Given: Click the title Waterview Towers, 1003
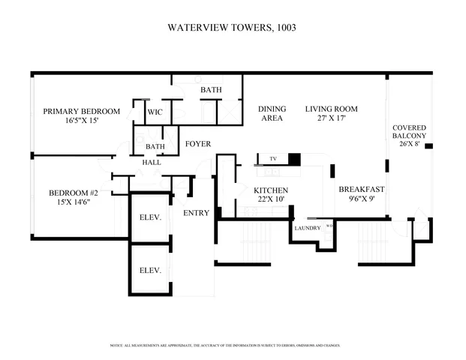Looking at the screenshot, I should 233,27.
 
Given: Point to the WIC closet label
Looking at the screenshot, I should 155,112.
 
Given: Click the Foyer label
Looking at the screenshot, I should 198,144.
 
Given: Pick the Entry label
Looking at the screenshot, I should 197,213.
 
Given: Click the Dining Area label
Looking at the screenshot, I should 272,113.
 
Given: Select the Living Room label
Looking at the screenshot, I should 331,109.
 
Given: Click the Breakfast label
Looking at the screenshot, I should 362,189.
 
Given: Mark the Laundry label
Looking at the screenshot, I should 308,228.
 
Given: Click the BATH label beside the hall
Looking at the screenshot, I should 155,146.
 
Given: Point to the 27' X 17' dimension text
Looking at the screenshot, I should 331,118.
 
